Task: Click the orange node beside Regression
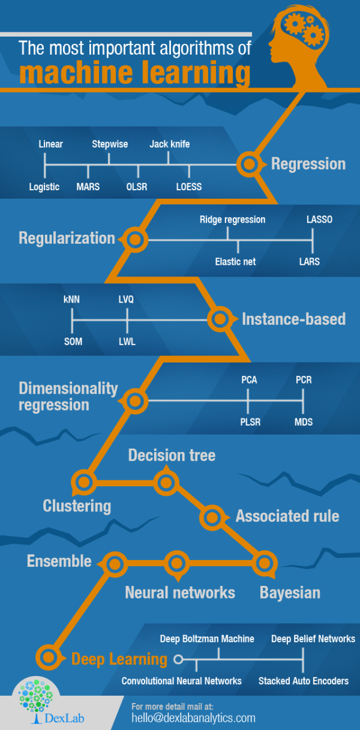249,163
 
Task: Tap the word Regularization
67,238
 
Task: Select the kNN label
71,299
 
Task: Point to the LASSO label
319,220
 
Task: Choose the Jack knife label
169,144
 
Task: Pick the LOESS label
189,187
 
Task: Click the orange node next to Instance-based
220,319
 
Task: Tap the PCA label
249,380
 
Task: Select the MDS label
303,422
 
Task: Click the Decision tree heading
172,455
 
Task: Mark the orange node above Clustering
83,481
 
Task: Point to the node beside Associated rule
211,516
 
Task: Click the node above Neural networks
176,563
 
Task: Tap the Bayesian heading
290,593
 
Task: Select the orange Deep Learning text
119,659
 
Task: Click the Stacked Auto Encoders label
304,681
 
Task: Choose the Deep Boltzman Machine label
207,639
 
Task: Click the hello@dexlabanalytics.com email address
193,718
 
